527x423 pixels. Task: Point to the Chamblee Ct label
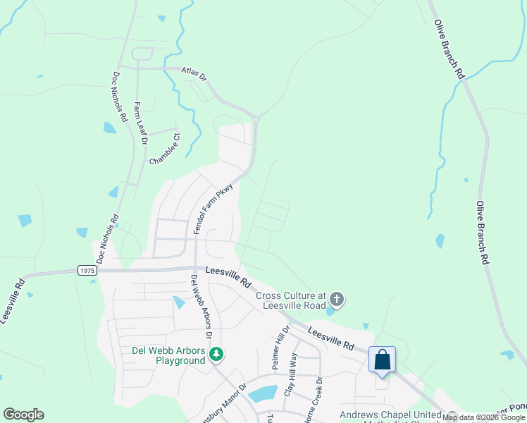[x=165, y=149]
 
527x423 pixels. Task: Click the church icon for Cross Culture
[x=337, y=300]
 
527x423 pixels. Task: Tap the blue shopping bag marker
[x=382, y=360]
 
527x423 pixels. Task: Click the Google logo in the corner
[x=23, y=415]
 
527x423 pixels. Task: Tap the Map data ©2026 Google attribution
[x=483, y=417]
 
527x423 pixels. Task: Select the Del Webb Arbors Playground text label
[x=170, y=355]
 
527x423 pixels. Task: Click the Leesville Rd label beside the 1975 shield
[x=228, y=277]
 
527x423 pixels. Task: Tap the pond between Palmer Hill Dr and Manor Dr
[x=261, y=394]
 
